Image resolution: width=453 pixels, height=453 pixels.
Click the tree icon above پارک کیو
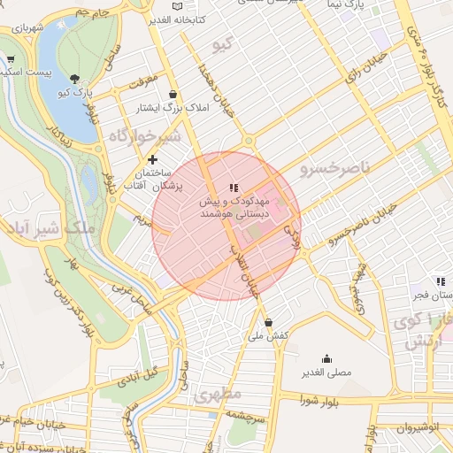75,79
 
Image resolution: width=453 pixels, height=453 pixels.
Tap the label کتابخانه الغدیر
176,19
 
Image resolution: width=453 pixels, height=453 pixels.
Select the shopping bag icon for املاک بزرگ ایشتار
172,94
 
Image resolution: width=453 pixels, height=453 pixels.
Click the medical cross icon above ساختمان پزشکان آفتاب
153,159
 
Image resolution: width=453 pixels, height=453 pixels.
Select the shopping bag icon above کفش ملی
268,322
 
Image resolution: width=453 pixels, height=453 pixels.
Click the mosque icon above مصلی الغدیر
326,358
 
